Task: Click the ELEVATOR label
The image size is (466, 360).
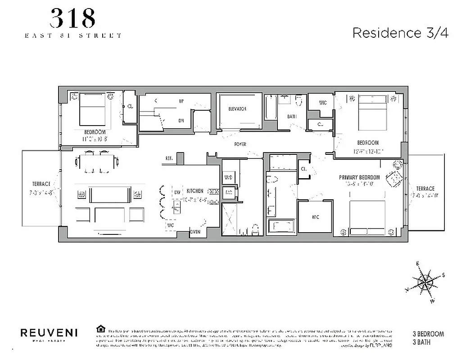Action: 237,109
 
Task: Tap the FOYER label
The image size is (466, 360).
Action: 240,144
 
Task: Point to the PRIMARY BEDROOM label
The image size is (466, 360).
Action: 359,177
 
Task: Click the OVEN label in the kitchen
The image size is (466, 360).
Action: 195,232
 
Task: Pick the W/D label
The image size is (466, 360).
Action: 228,177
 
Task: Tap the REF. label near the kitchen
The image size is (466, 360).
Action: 169,158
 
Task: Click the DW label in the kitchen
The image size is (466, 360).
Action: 177,193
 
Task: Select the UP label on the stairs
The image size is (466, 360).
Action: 181,101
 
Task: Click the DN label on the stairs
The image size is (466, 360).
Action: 181,120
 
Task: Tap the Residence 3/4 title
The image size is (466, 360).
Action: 400,33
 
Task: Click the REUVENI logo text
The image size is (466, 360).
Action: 49,333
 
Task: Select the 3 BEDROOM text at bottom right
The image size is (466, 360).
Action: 428,334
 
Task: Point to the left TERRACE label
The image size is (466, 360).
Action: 41,184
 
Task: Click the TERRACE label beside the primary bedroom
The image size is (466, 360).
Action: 425,189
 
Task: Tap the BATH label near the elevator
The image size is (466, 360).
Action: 292,117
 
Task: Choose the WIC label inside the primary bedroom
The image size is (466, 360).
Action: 315,217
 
